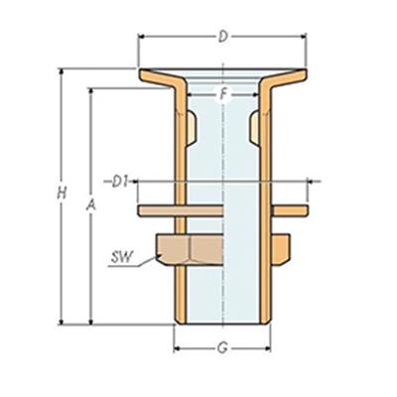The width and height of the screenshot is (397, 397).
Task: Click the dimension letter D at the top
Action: (x=223, y=38)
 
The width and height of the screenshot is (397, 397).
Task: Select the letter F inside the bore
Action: (x=224, y=94)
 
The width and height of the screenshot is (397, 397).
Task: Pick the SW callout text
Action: (x=122, y=258)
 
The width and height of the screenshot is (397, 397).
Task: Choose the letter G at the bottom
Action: (x=223, y=348)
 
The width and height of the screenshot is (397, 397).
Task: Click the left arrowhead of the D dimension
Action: (x=141, y=38)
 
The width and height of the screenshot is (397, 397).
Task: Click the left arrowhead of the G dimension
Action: (x=178, y=348)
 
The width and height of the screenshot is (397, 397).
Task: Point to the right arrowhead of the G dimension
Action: (x=269, y=348)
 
